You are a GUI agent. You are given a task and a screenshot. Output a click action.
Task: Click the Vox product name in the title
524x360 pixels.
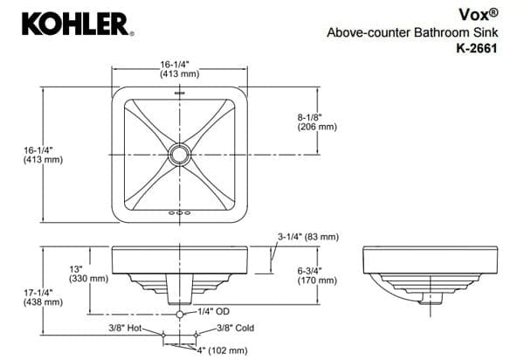pyautogui.click(x=479, y=15)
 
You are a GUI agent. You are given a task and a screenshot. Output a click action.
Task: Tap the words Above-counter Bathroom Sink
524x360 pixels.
pyautogui.click(x=412, y=33)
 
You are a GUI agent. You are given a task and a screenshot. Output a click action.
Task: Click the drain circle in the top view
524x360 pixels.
pyautogui.click(x=180, y=155)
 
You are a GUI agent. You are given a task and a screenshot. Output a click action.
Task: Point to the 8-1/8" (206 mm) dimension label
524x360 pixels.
pyautogui.click(x=315, y=121)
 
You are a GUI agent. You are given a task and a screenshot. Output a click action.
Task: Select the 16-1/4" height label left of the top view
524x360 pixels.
pyautogui.click(x=43, y=155)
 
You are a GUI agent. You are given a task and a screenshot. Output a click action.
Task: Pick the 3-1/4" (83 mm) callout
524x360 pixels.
pyautogui.click(x=308, y=237)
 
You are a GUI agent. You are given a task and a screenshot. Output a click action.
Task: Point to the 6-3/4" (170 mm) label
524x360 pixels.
pyautogui.click(x=316, y=276)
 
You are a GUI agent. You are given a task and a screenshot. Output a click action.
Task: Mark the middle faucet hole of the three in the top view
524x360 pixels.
pyautogui.click(x=180, y=213)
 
